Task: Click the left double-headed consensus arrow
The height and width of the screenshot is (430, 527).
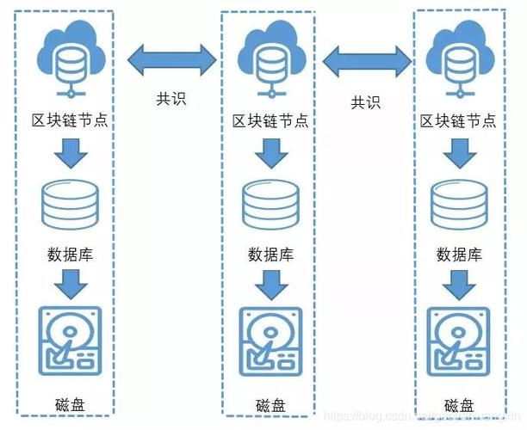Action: click(x=171, y=61)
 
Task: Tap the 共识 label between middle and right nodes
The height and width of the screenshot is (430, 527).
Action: click(x=366, y=102)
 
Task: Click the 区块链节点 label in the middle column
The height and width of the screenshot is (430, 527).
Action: click(x=270, y=120)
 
